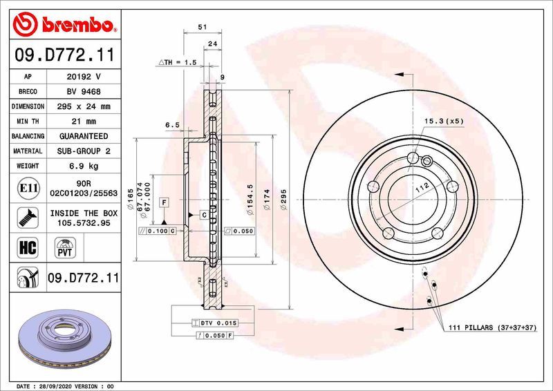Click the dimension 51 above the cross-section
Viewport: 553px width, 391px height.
point(202,27)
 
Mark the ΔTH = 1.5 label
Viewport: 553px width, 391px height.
point(178,62)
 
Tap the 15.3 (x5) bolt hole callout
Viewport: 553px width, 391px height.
point(443,122)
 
